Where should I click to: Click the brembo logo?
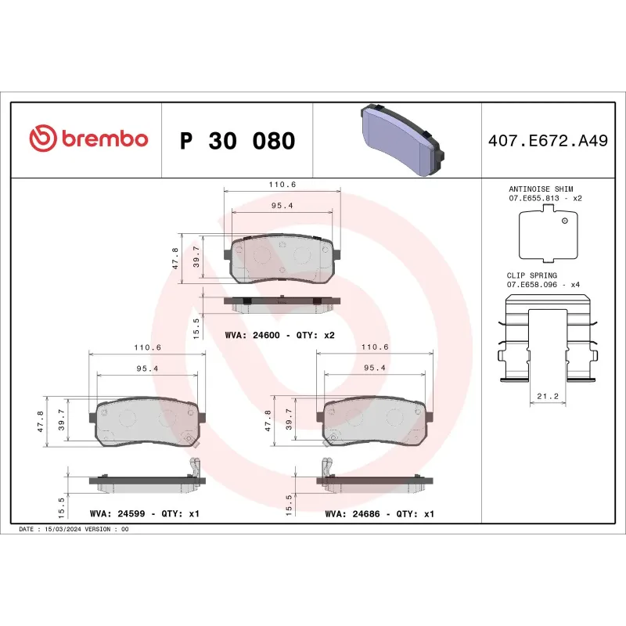pos(88,139)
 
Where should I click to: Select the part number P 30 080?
pos(238,141)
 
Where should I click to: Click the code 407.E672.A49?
pos(547,141)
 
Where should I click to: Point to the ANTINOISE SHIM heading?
pos(541,189)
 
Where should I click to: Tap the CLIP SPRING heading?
pos(533,275)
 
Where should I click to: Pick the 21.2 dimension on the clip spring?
pos(547,397)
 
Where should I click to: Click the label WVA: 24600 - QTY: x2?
pos(279,335)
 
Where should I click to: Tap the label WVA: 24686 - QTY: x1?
pos(379,514)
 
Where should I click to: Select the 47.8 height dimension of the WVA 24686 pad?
pos(268,420)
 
